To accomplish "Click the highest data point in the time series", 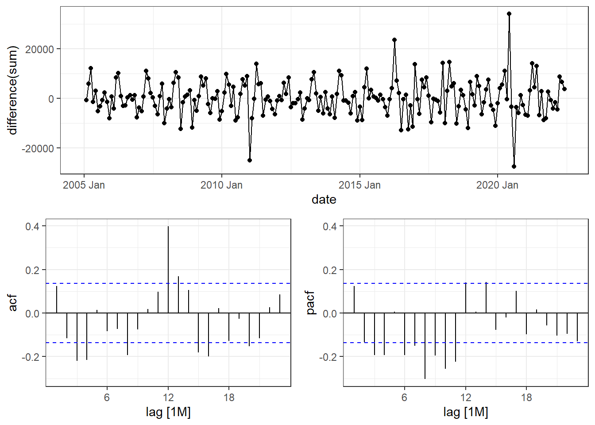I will (x=509, y=14).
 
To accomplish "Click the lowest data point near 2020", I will (x=514, y=166).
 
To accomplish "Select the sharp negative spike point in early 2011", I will (x=250, y=160).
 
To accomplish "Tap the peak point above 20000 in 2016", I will (x=394, y=40).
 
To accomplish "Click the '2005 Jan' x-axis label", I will (x=84, y=185).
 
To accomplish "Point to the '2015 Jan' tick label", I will (x=359, y=185).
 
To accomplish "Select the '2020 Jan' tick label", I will (x=497, y=185).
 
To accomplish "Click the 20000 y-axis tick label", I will (x=39, y=49).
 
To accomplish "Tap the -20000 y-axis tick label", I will (x=38, y=148).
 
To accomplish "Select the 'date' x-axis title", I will (x=324, y=200).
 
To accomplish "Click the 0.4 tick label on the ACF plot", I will (x=32, y=227).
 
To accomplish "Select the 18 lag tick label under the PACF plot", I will (x=526, y=398).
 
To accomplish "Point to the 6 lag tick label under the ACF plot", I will (x=107, y=398).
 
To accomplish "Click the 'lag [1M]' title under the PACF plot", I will (x=465, y=412).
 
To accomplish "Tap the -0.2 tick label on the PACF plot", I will (x=328, y=357).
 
